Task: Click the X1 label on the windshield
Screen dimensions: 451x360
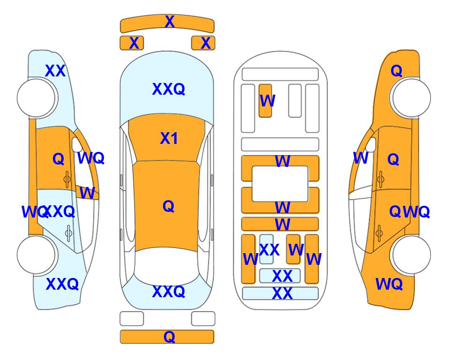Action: (x=169, y=138)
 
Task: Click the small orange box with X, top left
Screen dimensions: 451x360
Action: (x=132, y=43)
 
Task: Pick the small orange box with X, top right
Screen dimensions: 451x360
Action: (x=203, y=43)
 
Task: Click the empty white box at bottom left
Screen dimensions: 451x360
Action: (x=132, y=319)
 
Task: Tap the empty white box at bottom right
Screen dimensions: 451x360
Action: (x=203, y=319)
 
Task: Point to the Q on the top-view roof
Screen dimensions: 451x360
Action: (x=169, y=206)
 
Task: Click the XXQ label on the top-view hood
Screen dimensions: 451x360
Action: (x=169, y=89)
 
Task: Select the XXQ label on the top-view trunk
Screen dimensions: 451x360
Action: (x=169, y=291)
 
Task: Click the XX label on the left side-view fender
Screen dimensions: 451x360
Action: (x=55, y=71)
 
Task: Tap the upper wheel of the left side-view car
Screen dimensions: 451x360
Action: (x=37, y=98)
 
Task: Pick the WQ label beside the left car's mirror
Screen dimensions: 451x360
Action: (x=91, y=158)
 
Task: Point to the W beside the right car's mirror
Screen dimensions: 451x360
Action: (x=361, y=158)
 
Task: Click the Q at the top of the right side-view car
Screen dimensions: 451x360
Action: (x=396, y=71)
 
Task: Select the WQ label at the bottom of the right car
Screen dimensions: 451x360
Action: (x=389, y=284)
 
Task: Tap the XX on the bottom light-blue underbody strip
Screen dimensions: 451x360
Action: (x=282, y=293)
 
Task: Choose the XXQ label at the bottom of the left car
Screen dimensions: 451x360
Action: (x=62, y=284)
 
